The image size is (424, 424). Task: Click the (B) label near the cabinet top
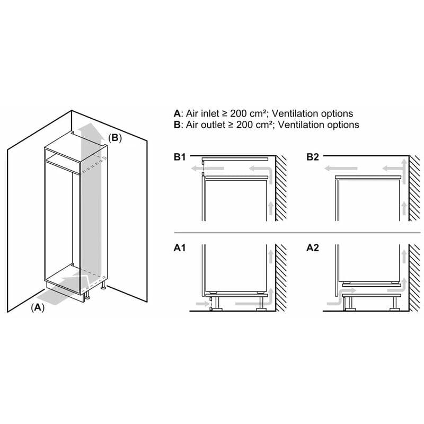pyautogui.click(x=115, y=138)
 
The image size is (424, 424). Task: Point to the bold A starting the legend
pyautogui.click(x=177, y=113)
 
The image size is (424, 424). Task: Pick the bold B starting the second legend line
pyautogui.click(x=177, y=125)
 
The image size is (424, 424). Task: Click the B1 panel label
pyautogui.click(x=180, y=157)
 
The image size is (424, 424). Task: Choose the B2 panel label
pyautogui.click(x=313, y=157)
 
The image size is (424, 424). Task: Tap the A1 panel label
pyautogui.click(x=180, y=248)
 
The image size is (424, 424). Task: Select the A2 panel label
pyautogui.click(x=313, y=248)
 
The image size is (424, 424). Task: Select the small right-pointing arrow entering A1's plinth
pyautogui.click(x=202, y=304)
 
